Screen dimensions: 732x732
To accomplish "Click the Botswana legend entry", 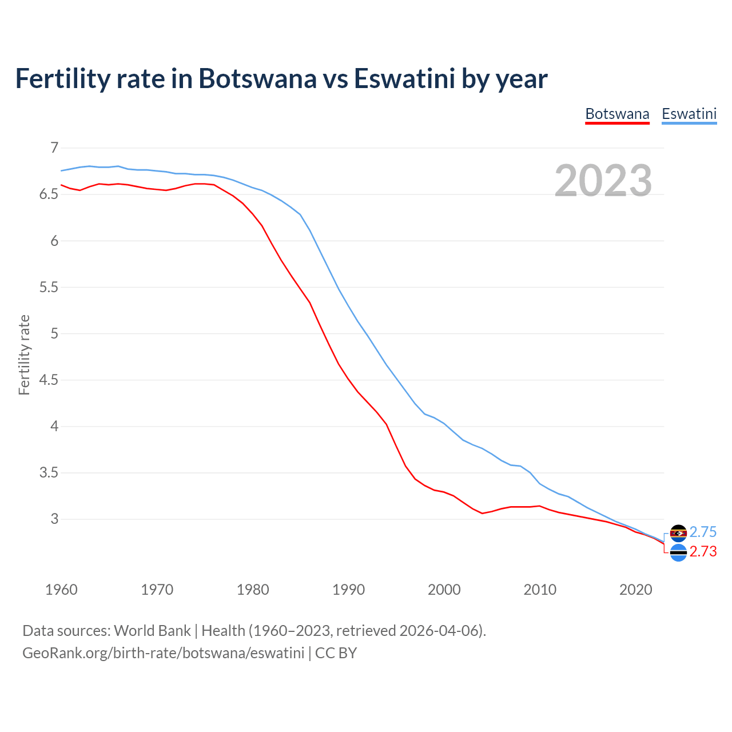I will pos(617,114).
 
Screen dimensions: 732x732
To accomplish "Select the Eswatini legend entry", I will pos(689,114).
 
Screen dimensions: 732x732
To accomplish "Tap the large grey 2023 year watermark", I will pos(603,181).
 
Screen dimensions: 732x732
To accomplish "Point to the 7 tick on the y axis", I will pos(54,148).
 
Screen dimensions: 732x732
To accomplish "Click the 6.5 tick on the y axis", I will pos(49,194).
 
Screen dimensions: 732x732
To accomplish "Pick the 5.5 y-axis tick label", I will pos(49,287).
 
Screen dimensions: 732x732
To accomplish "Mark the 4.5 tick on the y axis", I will pos(49,380).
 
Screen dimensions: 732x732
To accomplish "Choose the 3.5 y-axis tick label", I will pos(49,473).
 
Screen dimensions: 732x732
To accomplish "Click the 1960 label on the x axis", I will pos(61,590).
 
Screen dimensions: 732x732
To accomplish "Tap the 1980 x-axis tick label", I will pos(253,590).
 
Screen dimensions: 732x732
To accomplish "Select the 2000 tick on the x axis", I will pos(444,590).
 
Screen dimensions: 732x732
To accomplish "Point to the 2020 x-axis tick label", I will pos(635,590).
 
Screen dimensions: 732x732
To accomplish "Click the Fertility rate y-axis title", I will pos(24,355).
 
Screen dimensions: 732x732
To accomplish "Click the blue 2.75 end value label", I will pos(703,532).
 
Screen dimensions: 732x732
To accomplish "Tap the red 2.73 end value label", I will pos(703,552).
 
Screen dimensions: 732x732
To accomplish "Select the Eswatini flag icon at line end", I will pos(678,533).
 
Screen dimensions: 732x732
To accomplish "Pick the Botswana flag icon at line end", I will pos(678,553).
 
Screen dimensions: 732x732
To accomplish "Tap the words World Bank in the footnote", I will pos(152,631).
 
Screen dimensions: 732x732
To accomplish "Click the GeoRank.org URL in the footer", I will pos(163,653).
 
